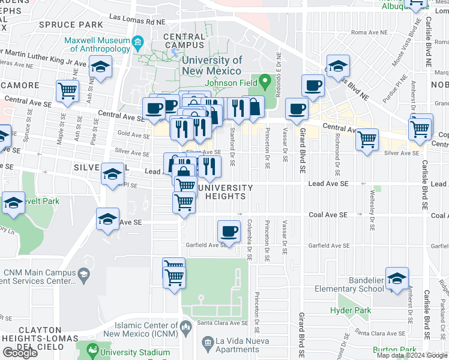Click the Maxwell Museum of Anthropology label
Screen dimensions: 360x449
click(x=97, y=44)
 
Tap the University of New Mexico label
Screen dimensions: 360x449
click(x=212, y=65)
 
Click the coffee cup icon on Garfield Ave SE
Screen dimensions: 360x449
click(x=228, y=231)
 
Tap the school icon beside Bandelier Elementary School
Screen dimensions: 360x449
click(x=397, y=278)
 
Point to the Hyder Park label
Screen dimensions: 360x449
click(x=348, y=310)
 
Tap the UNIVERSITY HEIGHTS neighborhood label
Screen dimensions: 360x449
click(x=221, y=192)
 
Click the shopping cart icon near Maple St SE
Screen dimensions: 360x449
click(x=68, y=91)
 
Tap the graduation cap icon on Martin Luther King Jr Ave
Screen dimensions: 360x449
click(x=100, y=67)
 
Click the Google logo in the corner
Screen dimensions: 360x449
click(x=19, y=353)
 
